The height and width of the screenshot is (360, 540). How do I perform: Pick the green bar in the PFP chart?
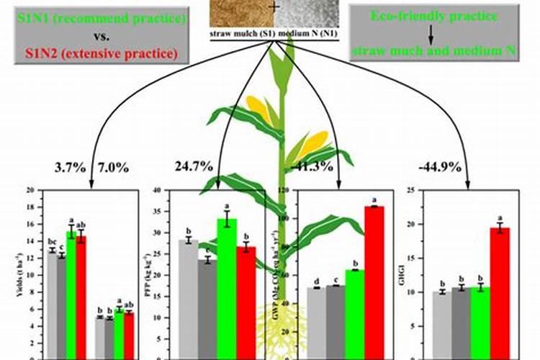tap(227, 288)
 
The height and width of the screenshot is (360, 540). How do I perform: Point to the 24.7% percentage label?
tap(194, 167)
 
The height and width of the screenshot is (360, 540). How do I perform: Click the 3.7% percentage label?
tap(70, 168)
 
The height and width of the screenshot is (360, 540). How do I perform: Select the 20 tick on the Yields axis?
tap(30, 191)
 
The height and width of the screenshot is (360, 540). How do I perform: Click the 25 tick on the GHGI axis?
tap(412, 191)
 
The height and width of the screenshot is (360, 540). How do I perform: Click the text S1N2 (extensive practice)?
tap(101, 52)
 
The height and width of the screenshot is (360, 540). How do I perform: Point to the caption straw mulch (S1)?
tap(240, 34)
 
